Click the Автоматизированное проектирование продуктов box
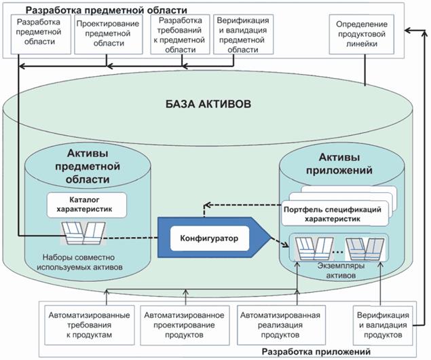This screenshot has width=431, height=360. tap(184, 325)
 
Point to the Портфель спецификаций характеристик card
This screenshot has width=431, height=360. tap(337, 215)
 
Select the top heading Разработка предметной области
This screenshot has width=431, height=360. tap(105, 10)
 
